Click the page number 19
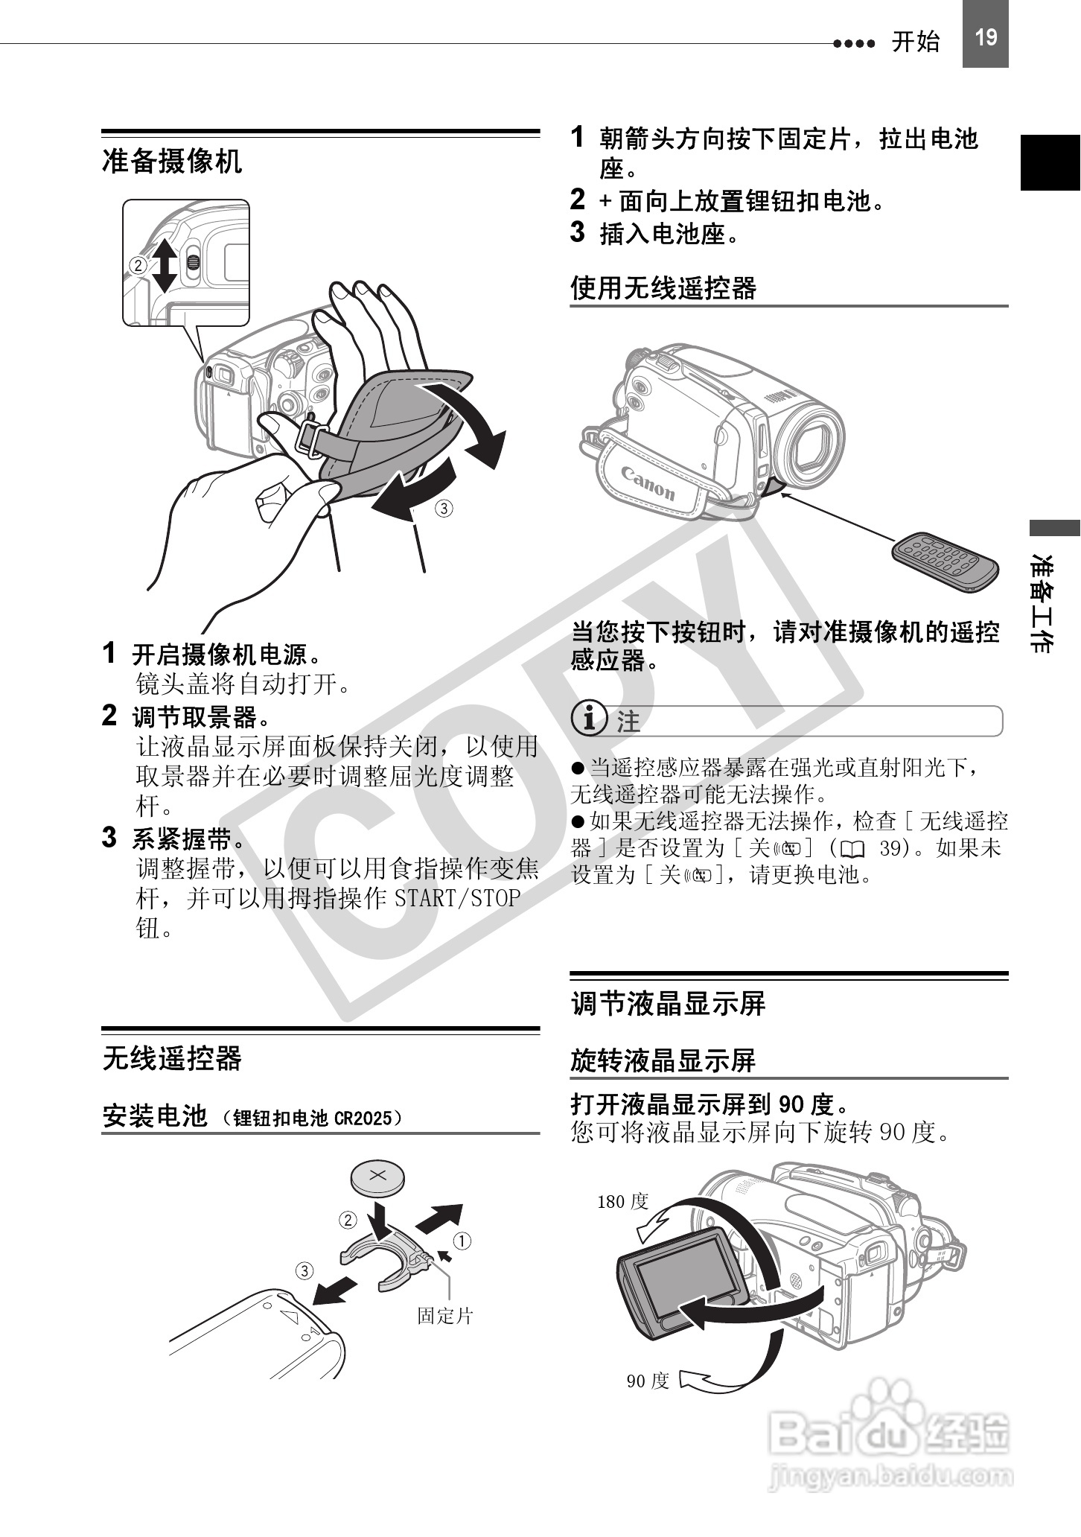tap(985, 37)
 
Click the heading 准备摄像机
tap(172, 161)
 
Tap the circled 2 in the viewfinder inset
tap(137, 265)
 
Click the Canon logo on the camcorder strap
tap(648, 482)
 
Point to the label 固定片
tap(444, 1315)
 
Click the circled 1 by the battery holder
tap(462, 1241)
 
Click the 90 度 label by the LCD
tap(648, 1381)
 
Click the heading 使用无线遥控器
tap(663, 288)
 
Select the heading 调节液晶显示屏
tap(668, 1003)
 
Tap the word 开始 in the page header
tap(916, 42)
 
